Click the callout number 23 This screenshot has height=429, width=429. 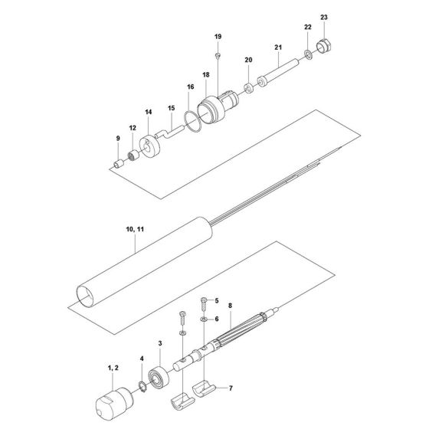tap(323, 16)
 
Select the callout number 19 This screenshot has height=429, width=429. tap(218, 37)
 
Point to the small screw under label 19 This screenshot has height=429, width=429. tap(218, 54)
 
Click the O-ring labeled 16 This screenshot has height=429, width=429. tap(192, 121)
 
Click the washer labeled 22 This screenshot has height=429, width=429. tap(307, 54)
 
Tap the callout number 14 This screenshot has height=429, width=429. tap(149, 112)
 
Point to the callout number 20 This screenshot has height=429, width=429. tap(247, 60)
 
